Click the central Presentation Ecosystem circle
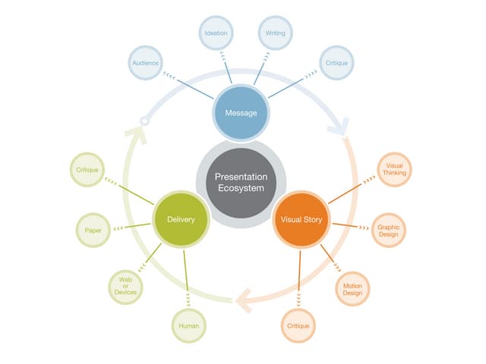tap(241, 182)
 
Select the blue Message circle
tap(241, 113)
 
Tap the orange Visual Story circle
tap(301, 219)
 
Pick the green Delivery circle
tap(181, 219)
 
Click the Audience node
tap(144, 63)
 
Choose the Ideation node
tap(216, 33)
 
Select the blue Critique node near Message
tap(336, 63)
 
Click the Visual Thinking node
tap(394, 170)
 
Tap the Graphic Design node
tap(389, 230)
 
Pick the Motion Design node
tap(352, 289)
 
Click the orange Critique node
tap(298, 326)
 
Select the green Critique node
tap(87, 170)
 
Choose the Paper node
tap(93, 230)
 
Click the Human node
tap(188, 326)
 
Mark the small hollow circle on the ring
tap(144, 121)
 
